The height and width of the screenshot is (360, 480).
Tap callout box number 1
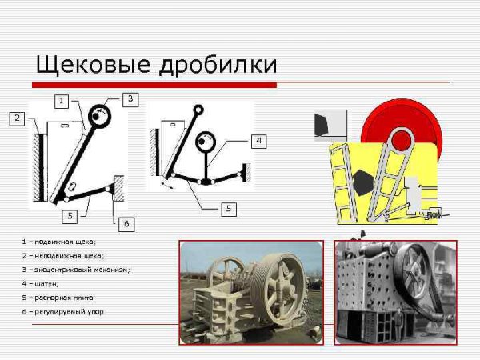click(62, 101)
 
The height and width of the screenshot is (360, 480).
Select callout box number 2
click(17, 119)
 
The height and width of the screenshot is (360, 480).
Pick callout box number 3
click(131, 98)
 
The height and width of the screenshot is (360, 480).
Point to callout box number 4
click(258, 141)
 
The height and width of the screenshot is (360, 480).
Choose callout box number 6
click(126, 224)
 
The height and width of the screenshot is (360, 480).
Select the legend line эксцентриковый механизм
click(75, 269)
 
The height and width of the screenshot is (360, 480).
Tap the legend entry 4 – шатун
click(47, 283)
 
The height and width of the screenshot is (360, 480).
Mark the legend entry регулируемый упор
click(63, 311)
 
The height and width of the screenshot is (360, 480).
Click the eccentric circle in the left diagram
click(99, 117)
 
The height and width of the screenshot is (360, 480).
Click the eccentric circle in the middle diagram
click(207, 144)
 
